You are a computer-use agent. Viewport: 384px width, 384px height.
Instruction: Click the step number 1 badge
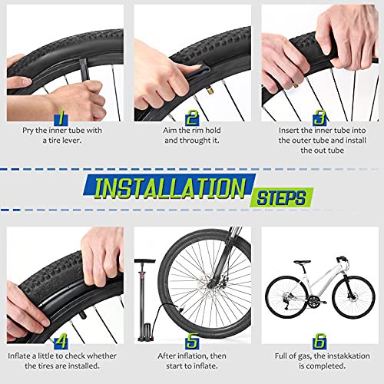(x=61, y=118)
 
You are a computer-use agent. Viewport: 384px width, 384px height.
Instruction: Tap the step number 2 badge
(x=192, y=118)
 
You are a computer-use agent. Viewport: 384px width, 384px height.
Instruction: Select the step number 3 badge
(x=319, y=118)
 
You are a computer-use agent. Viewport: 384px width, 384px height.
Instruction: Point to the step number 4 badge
(x=61, y=341)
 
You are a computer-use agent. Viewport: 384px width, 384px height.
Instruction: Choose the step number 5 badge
(x=192, y=341)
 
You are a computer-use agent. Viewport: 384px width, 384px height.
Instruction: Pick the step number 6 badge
(x=319, y=341)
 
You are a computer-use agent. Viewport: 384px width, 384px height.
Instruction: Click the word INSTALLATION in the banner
(x=170, y=188)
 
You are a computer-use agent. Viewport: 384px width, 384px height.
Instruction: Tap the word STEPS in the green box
(x=281, y=197)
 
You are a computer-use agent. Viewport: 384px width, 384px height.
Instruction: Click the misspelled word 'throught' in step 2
(x=195, y=141)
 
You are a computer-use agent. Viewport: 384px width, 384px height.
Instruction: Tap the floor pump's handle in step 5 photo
(x=145, y=261)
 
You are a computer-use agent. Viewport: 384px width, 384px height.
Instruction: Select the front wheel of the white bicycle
(x=355, y=296)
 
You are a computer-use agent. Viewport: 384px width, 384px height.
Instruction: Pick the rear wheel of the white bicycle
(x=286, y=297)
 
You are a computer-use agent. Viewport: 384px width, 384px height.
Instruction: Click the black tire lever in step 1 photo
(x=83, y=68)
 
